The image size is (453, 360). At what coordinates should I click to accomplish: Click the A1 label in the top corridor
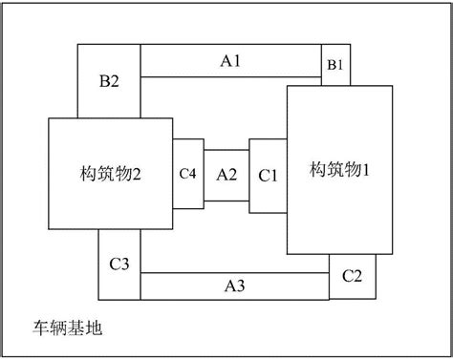229,60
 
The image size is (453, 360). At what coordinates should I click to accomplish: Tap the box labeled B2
108,81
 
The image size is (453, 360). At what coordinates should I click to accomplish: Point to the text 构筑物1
339,169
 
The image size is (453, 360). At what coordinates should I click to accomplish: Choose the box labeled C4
188,174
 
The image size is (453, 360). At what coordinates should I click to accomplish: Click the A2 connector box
226,175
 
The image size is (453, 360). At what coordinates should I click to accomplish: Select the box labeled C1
268,176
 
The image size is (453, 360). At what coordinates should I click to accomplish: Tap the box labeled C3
119,264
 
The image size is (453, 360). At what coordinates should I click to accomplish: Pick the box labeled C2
352,276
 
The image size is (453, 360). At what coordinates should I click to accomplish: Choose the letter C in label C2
346,276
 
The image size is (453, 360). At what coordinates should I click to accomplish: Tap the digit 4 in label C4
193,174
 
